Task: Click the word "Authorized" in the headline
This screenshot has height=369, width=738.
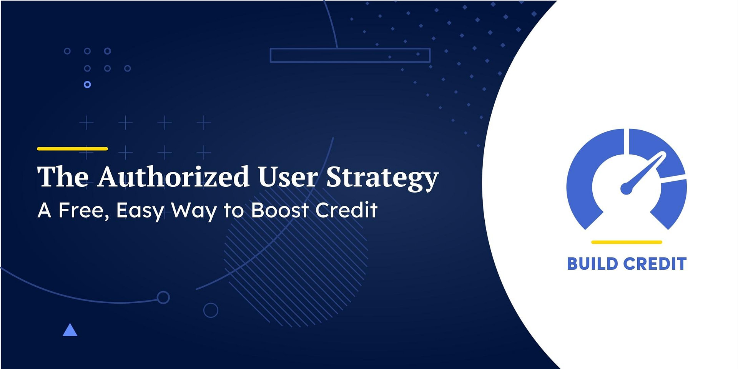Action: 173,177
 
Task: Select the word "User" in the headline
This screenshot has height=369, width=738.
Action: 288,177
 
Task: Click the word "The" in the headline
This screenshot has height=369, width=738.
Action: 63,177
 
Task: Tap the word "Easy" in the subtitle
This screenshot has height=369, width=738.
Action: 140,211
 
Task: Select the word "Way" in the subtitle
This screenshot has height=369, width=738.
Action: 194,211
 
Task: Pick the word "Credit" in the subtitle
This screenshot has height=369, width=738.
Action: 346,210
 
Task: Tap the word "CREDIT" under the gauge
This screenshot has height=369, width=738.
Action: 655,264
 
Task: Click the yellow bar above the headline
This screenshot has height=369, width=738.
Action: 72,149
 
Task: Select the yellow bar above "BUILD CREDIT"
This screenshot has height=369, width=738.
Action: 627,242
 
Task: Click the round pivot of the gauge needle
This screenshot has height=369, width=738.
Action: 627,189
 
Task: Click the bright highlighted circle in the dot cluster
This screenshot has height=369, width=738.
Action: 87,85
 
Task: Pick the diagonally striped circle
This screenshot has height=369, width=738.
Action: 296,265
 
